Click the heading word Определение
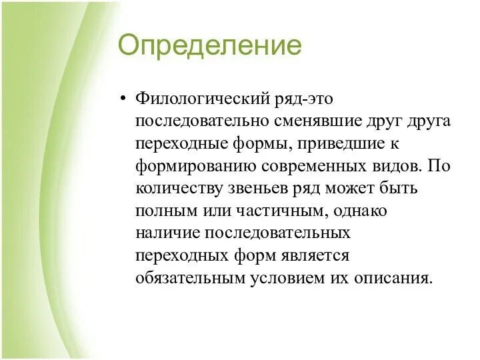(x=209, y=46)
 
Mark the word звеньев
(x=257, y=189)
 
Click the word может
(x=349, y=189)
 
